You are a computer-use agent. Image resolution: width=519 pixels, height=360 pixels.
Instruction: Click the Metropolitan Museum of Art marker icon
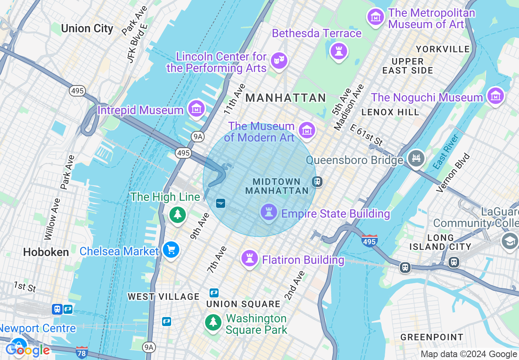(x=375, y=17)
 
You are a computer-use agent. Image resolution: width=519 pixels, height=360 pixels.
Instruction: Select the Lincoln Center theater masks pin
(x=279, y=61)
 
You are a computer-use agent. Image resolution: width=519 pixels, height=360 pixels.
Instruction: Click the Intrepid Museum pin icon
(x=197, y=109)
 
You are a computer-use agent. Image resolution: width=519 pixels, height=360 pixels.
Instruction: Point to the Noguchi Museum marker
(x=496, y=96)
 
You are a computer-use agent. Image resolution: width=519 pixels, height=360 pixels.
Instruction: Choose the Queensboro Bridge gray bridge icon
(x=416, y=158)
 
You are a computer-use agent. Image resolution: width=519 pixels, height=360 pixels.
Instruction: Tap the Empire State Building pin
(x=269, y=212)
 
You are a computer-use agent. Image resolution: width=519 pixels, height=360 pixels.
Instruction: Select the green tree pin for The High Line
(x=178, y=214)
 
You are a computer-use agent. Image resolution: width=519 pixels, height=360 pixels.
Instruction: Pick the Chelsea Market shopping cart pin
(x=171, y=250)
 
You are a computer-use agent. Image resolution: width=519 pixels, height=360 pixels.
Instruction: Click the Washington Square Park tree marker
(x=213, y=322)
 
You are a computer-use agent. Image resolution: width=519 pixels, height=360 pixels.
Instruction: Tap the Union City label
(x=87, y=28)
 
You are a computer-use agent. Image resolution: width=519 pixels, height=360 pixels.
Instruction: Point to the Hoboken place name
(x=46, y=252)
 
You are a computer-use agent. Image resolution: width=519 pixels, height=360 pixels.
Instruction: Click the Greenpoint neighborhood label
(x=432, y=337)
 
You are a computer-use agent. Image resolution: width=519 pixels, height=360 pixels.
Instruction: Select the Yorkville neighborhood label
(x=443, y=49)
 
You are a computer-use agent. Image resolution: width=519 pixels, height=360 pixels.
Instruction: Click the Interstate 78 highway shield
(x=82, y=351)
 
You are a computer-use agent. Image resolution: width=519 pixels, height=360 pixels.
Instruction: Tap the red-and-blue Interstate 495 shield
(x=370, y=241)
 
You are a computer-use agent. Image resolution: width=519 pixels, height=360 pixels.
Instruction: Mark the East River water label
(x=447, y=151)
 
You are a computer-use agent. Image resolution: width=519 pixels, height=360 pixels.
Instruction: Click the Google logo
(x=28, y=350)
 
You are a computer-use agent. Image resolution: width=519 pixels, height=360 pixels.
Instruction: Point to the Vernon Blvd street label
(x=454, y=172)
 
